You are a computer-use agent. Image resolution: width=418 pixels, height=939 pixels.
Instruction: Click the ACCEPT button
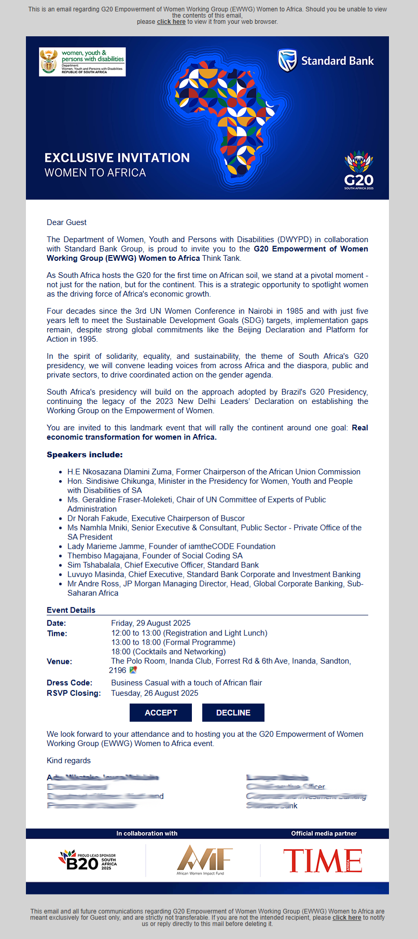(161, 712)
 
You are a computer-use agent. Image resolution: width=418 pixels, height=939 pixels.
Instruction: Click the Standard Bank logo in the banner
(326, 61)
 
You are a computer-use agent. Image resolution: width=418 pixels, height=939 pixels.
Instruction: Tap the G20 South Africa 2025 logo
(359, 170)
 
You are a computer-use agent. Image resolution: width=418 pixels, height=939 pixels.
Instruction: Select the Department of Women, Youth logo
(82, 62)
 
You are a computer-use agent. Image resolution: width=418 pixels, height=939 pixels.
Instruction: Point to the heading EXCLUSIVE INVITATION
(117, 158)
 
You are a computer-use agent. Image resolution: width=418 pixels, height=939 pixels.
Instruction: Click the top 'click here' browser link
(171, 22)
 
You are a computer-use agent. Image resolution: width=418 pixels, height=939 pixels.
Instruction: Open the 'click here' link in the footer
(346, 917)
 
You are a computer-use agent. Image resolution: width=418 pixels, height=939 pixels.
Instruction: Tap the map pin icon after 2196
(133, 670)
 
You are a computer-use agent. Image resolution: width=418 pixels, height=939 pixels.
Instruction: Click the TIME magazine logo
(323, 861)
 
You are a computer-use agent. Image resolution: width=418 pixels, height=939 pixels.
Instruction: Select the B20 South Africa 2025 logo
(87, 860)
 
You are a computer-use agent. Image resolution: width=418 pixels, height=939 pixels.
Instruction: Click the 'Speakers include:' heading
(85, 455)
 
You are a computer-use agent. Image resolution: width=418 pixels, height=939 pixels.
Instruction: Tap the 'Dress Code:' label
(69, 683)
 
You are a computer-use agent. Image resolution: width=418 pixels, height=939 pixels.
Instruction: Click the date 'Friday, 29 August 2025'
(150, 623)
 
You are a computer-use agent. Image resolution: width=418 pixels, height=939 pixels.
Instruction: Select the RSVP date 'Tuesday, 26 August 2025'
(155, 693)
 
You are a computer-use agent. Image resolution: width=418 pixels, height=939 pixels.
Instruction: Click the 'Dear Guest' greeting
(66, 222)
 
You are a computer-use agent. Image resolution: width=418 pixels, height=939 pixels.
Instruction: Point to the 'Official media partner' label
(324, 834)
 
